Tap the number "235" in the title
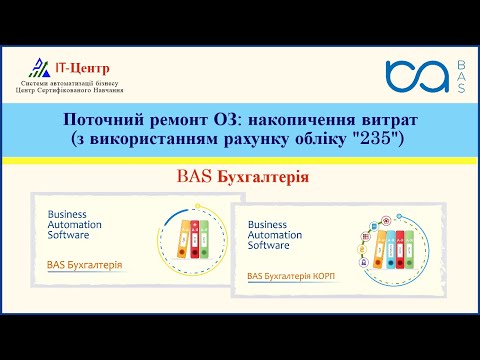tap(377, 137)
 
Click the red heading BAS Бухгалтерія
tap(239, 177)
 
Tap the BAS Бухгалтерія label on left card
tap(85, 265)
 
